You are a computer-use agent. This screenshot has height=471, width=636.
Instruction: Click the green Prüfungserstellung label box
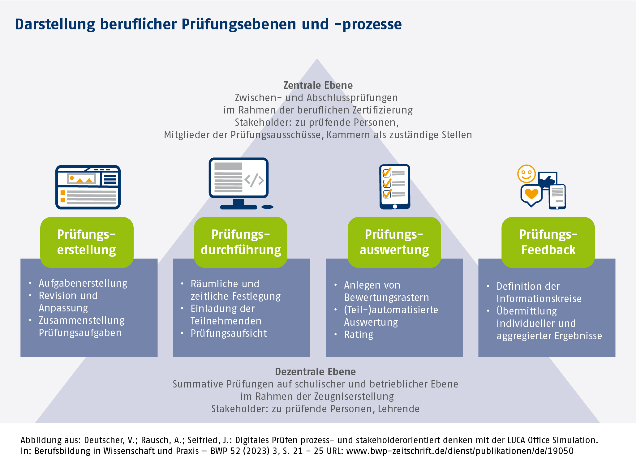click(x=87, y=242)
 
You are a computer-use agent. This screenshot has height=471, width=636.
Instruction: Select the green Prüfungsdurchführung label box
click(x=241, y=242)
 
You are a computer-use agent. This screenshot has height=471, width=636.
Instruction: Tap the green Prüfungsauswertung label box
click(x=394, y=242)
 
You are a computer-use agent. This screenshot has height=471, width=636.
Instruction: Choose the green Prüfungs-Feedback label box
click(x=548, y=242)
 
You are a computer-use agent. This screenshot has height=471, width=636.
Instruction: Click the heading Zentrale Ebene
click(x=318, y=85)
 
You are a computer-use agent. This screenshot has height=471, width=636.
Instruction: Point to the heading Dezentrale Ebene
click(x=315, y=371)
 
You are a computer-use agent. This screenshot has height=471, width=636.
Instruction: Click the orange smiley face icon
click(x=526, y=174)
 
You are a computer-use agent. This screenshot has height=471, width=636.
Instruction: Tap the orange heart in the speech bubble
click(x=532, y=194)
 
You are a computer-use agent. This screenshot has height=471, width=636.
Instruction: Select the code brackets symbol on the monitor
click(x=254, y=180)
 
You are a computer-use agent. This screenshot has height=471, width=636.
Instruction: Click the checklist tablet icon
click(x=395, y=186)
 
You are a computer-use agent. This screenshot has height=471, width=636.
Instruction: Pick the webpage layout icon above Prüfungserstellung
click(x=88, y=187)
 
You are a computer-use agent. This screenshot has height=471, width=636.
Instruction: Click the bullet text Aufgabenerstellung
click(x=83, y=283)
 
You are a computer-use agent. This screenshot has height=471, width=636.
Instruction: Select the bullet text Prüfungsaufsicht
click(x=229, y=333)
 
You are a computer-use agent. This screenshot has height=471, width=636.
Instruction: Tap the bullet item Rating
click(x=359, y=335)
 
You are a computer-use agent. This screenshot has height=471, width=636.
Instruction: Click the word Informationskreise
click(x=539, y=299)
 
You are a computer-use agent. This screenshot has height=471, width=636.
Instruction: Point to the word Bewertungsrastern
click(x=386, y=298)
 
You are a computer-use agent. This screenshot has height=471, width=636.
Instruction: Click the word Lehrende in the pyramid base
click(x=398, y=409)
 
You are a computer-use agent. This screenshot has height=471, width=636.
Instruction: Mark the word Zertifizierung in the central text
click(x=383, y=110)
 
